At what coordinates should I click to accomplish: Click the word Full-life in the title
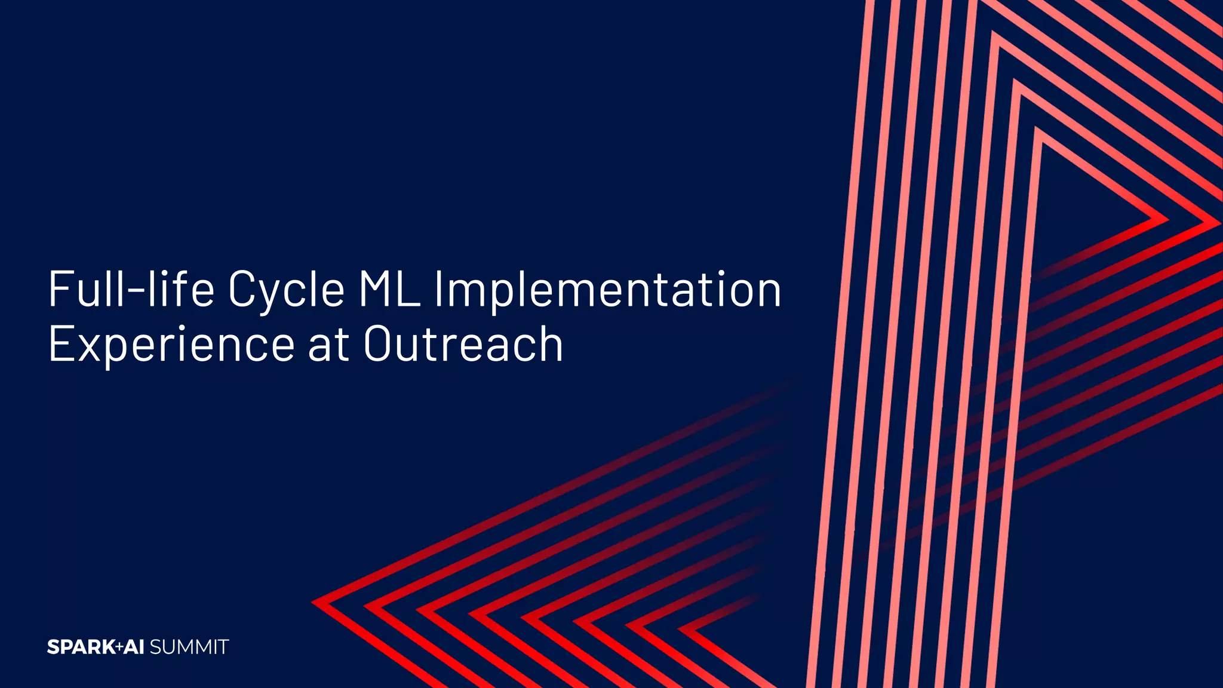point(131,289)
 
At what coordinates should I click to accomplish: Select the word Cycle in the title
point(286,289)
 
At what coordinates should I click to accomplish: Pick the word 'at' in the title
point(328,345)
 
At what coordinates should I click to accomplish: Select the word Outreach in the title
point(463,345)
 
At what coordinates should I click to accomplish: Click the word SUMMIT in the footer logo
point(189,647)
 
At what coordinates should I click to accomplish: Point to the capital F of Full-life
point(60,289)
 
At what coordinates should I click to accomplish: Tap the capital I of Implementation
point(438,289)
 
